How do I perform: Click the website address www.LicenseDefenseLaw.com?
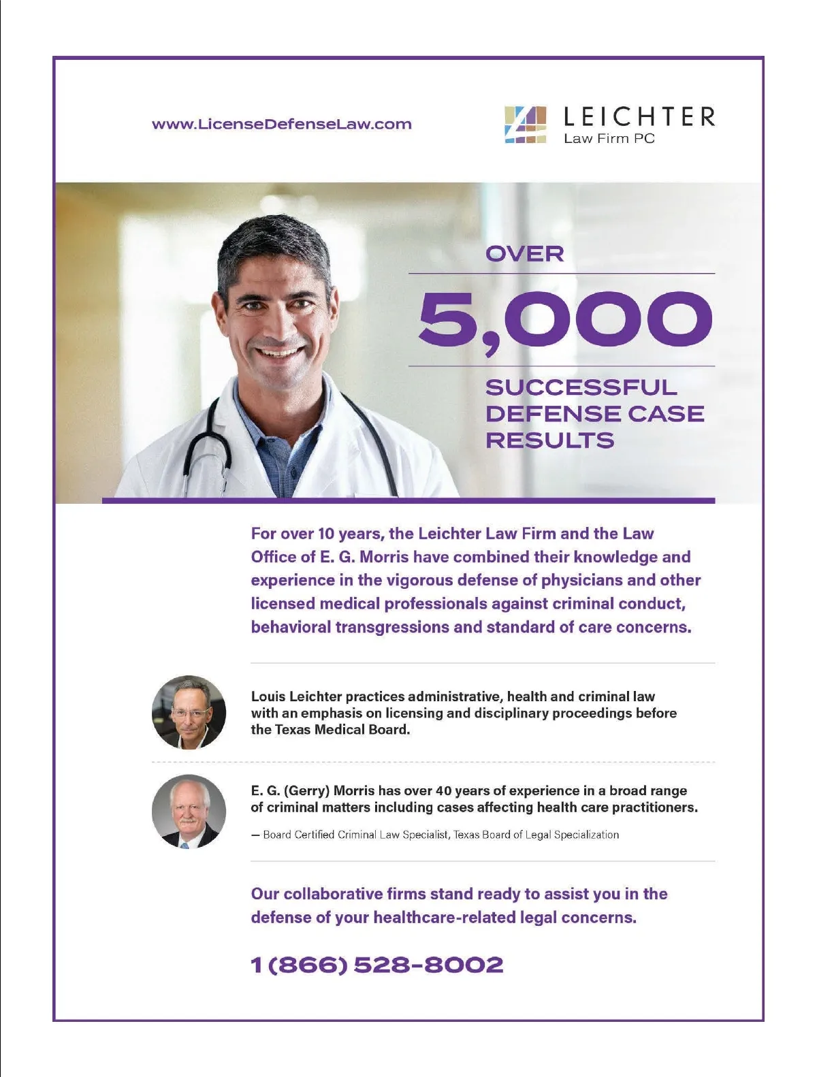pyautogui.click(x=281, y=125)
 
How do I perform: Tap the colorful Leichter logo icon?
pyautogui.click(x=525, y=125)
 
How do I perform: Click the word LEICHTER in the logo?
pyautogui.click(x=639, y=117)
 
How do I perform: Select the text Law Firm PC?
pyautogui.click(x=609, y=139)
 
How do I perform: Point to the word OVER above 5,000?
pyautogui.click(x=524, y=254)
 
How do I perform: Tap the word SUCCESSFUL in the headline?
pyautogui.click(x=581, y=387)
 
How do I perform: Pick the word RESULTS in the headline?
pyautogui.click(x=549, y=440)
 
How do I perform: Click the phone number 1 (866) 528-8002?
pyautogui.click(x=377, y=965)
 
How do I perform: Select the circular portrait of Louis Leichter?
pyautogui.click(x=189, y=713)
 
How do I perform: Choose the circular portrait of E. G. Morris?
pyautogui.click(x=189, y=811)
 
